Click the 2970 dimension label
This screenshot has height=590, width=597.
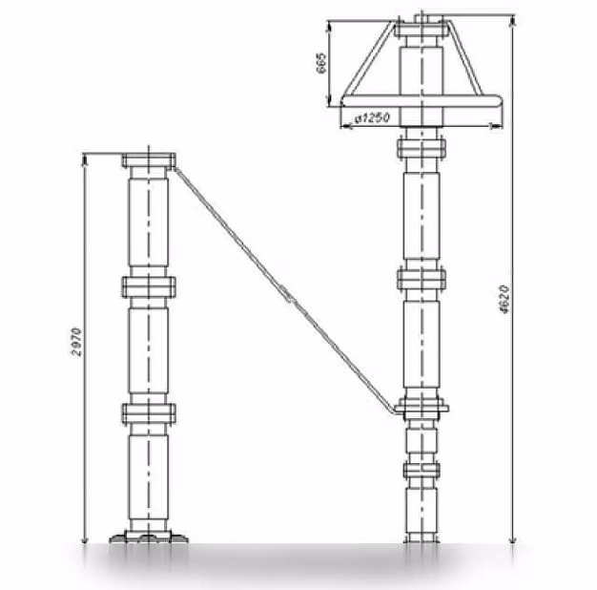click(76, 342)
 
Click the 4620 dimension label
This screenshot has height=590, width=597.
click(504, 299)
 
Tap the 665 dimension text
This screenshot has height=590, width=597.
click(321, 63)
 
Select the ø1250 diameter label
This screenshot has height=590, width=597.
click(372, 118)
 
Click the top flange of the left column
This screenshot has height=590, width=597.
click(149, 160)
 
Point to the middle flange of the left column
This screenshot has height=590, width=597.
click(149, 287)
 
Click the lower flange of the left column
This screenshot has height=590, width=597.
click(149, 413)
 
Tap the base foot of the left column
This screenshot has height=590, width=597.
click(149, 537)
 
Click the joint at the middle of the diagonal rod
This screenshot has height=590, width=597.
click(288, 296)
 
